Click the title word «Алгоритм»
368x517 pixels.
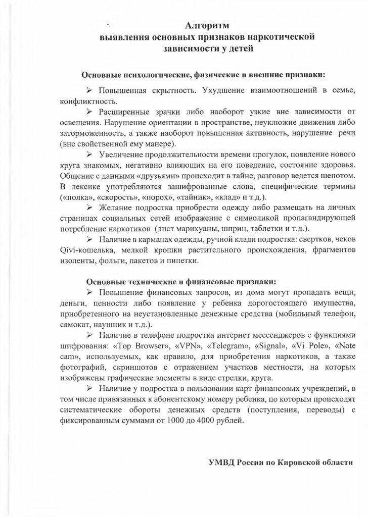pyautogui.click(x=208, y=25)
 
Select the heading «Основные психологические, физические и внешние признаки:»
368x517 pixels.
pyautogui.click(x=203, y=75)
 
